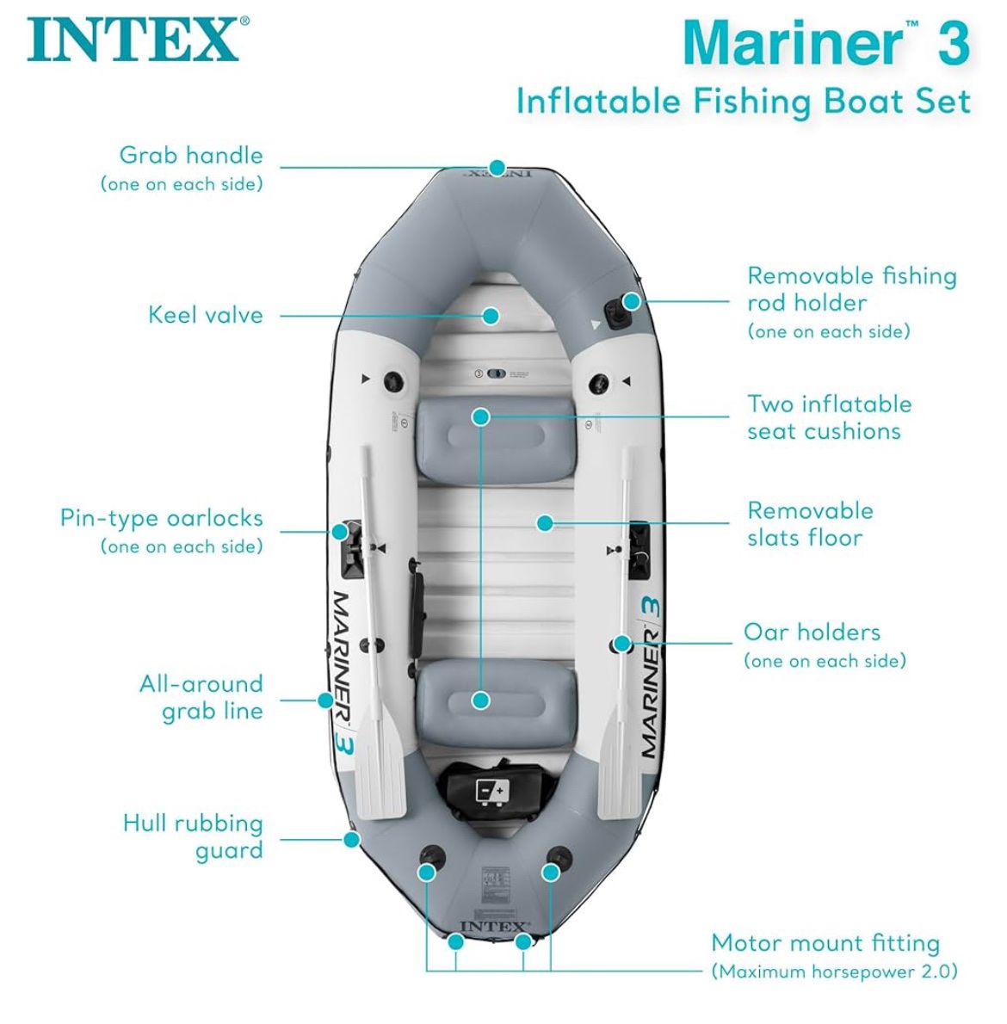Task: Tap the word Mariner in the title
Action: tap(792, 43)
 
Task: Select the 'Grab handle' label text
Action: tap(190, 156)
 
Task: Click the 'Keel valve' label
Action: tap(205, 315)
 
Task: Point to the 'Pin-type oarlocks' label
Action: tap(161, 518)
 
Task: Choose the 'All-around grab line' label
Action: tap(201, 697)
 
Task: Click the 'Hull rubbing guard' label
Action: tap(193, 836)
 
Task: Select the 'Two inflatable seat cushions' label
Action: tap(828, 417)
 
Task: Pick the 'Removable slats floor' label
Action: tap(809, 524)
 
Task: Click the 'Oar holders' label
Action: tap(812, 632)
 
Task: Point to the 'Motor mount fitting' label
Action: tap(825, 943)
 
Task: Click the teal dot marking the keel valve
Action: tap(491, 316)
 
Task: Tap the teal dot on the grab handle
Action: tap(497, 168)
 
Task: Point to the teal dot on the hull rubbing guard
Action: tap(351, 839)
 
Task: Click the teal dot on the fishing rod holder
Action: tap(632, 302)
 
